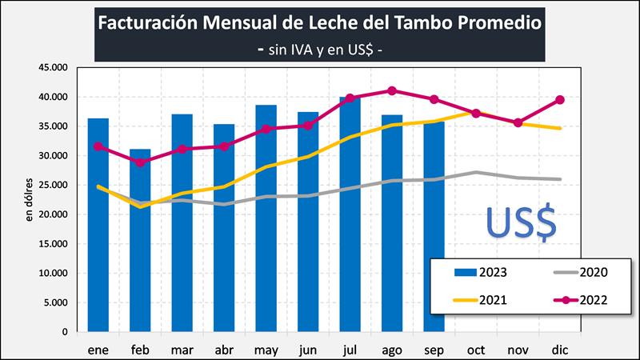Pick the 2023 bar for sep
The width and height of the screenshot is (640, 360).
pyautogui.click(x=434, y=240)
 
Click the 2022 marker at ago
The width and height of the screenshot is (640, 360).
pyautogui.click(x=392, y=90)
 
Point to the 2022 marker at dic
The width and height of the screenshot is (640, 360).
pyautogui.click(x=560, y=100)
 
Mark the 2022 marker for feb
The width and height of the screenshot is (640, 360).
pyautogui.click(x=140, y=162)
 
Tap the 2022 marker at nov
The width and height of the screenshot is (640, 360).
pyautogui.click(x=518, y=122)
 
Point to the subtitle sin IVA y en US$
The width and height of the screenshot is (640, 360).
pyautogui.click(x=320, y=48)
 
